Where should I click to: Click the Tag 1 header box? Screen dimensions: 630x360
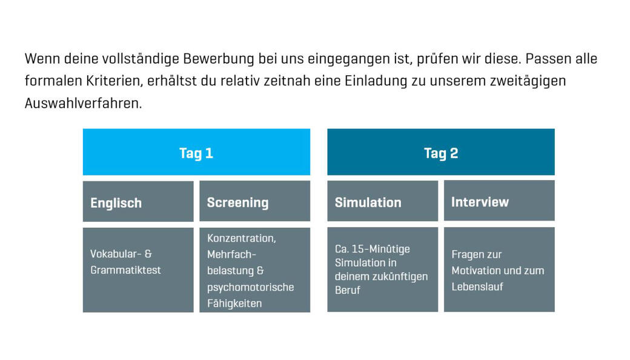click(x=196, y=152)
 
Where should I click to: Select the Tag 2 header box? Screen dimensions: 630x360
click(x=441, y=152)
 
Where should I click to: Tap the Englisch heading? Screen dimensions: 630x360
click(x=116, y=203)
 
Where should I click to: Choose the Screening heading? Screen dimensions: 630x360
click(x=238, y=202)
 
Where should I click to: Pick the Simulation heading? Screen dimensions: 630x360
click(x=368, y=202)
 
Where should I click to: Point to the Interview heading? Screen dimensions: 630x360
click(x=480, y=202)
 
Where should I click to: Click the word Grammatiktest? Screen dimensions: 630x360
click(x=125, y=270)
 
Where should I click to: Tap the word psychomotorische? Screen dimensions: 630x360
click(x=251, y=287)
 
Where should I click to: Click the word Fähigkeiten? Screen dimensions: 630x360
click(x=234, y=304)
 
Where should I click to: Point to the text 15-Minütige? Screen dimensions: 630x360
click(x=380, y=248)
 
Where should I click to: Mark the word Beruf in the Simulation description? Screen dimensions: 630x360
click(x=348, y=290)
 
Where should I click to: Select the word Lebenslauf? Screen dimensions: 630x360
click(x=477, y=287)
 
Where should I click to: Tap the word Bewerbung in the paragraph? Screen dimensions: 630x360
click(x=219, y=59)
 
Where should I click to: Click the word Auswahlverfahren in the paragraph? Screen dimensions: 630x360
click(x=83, y=103)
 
